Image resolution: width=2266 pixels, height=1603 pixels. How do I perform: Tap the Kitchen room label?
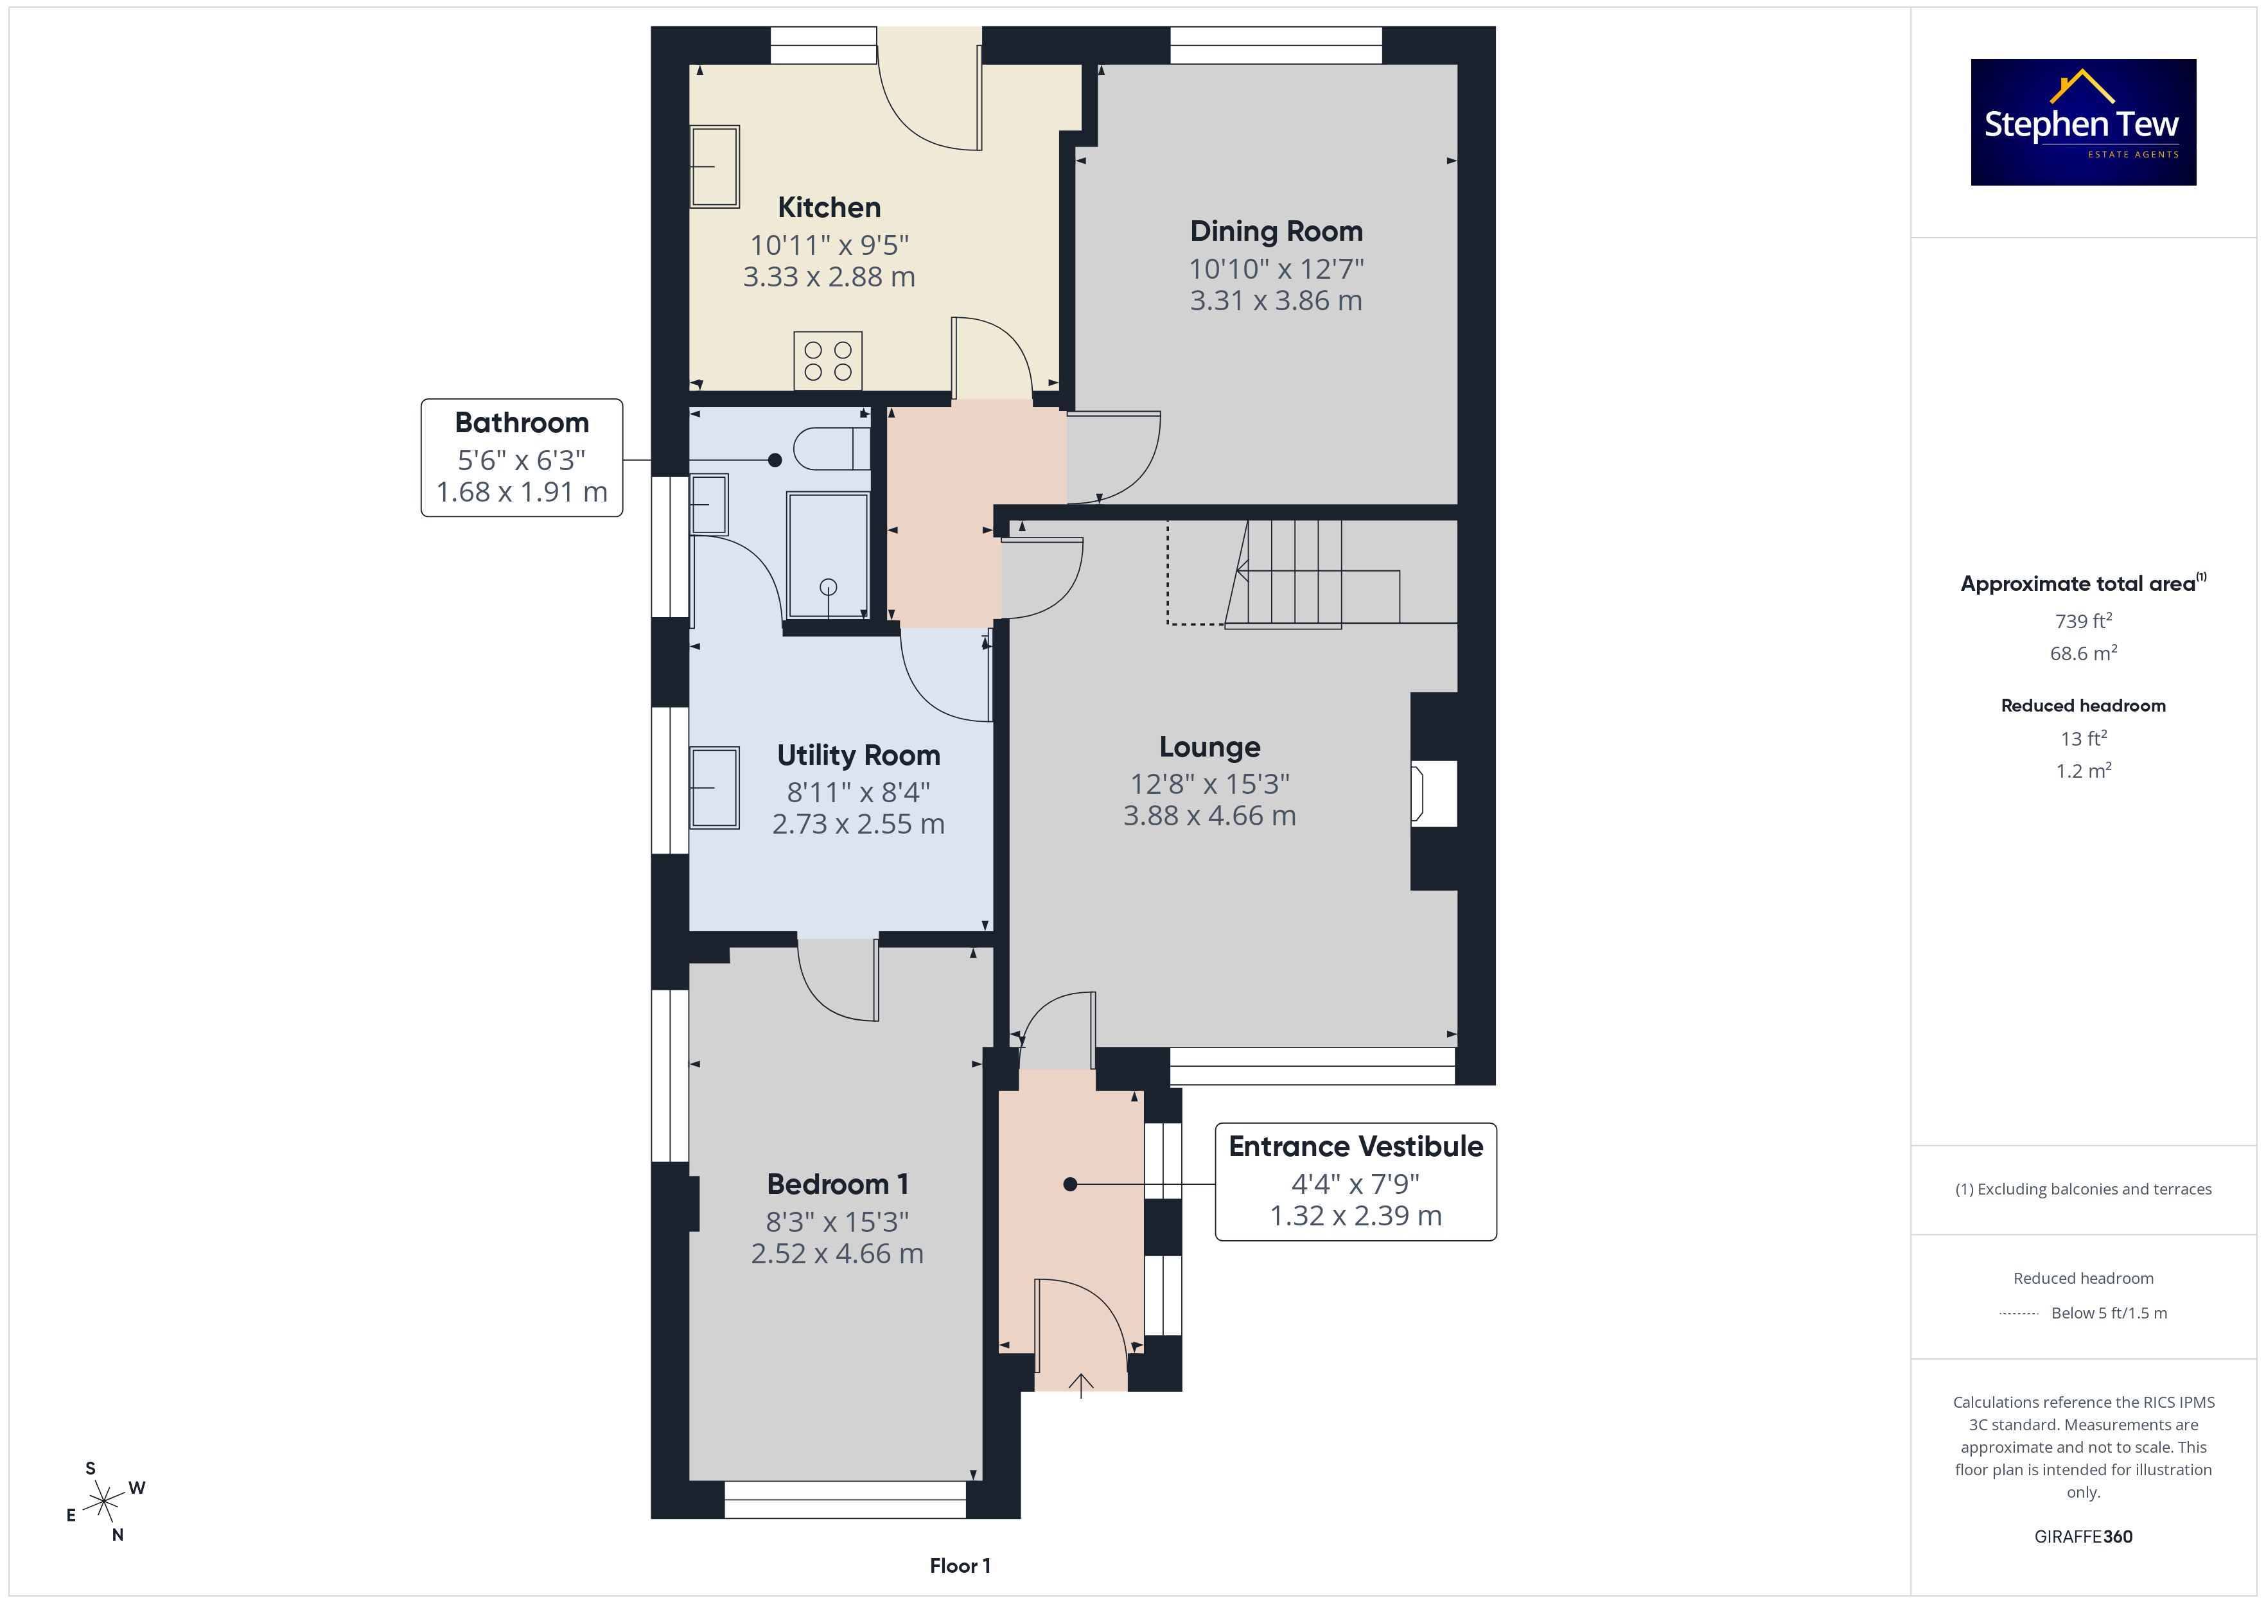tap(829, 207)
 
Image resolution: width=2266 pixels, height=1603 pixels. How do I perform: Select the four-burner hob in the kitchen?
tap(827, 360)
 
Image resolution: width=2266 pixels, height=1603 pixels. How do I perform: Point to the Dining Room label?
tap(1276, 231)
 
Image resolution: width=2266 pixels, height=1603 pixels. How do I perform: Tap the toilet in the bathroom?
tap(831, 448)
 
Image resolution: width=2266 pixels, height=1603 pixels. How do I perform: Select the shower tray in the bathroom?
tap(827, 555)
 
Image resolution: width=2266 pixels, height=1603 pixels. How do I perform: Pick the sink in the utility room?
tap(714, 787)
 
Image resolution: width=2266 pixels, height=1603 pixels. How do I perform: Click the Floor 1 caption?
tap(960, 1566)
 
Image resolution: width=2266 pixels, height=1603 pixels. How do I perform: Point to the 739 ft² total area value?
tap(2084, 621)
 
